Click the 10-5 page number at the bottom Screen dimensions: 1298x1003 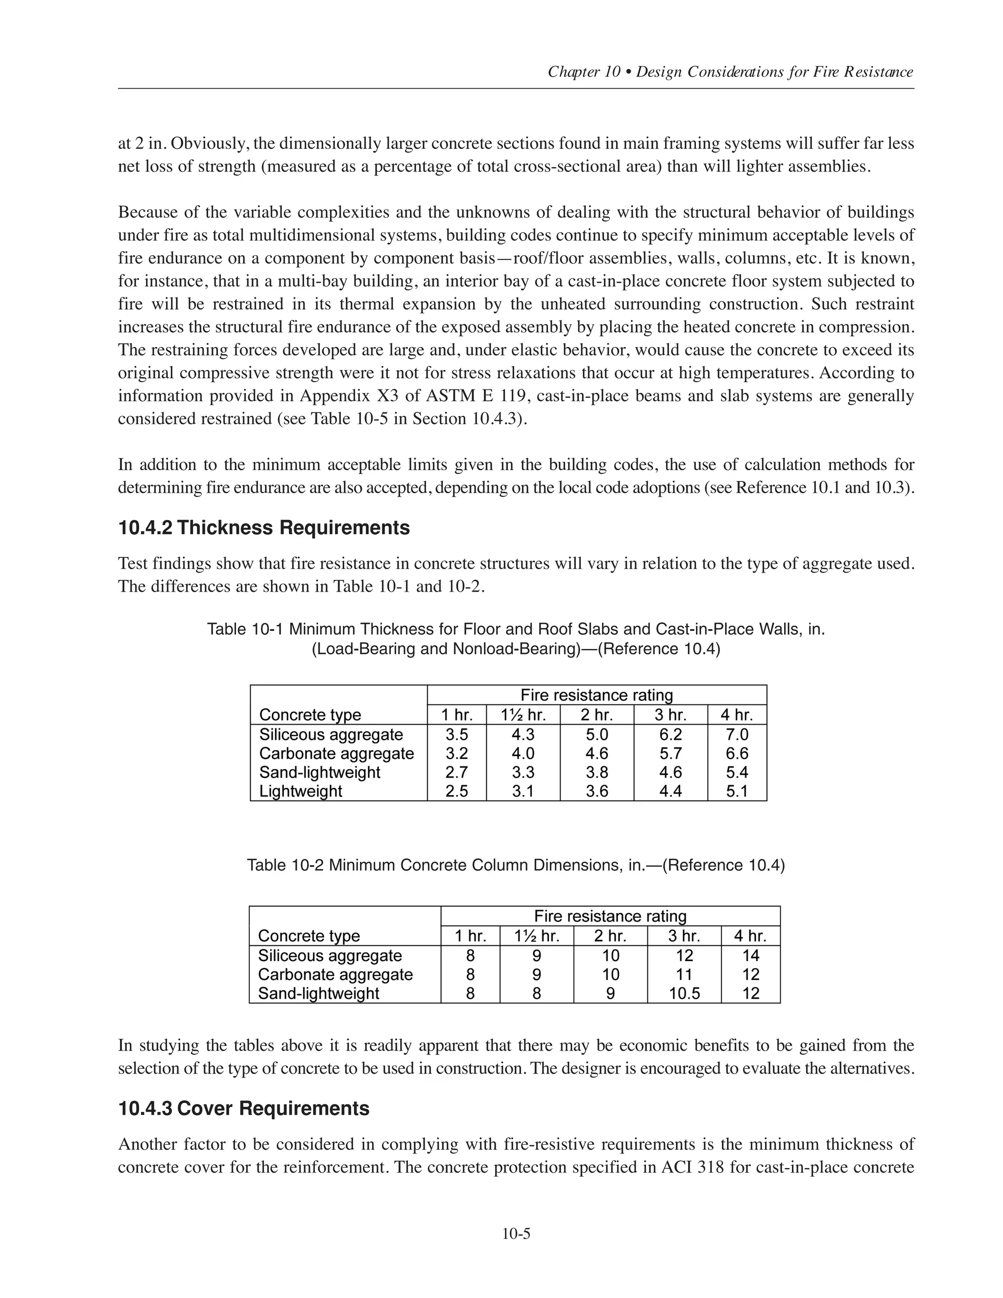[x=516, y=1234]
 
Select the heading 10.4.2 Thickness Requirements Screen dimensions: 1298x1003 [x=264, y=528]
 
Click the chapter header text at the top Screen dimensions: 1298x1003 [x=730, y=72]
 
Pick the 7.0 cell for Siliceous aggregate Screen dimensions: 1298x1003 [x=737, y=735]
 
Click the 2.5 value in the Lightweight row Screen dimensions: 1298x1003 [x=456, y=791]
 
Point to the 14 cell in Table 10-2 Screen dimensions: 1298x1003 [x=750, y=955]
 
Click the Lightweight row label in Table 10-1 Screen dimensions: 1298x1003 [x=301, y=791]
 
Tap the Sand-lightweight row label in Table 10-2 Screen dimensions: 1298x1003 [x=318, y=993]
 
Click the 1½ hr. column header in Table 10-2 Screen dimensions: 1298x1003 [x=537, y=936]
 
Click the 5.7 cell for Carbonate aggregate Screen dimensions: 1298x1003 [x=670, y=754]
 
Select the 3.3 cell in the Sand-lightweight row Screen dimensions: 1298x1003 [x=523, y=772]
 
